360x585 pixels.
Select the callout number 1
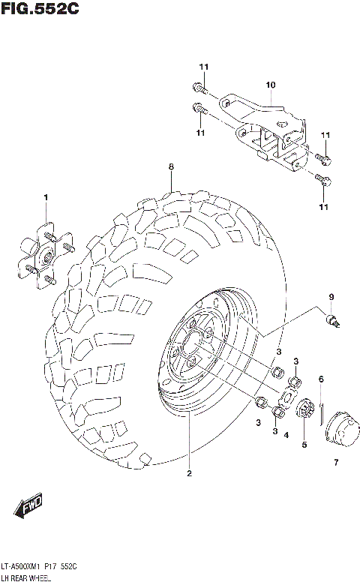[x=46, y=197]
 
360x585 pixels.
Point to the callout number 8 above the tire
[x=171, y=166]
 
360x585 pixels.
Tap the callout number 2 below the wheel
[x=189, y=472]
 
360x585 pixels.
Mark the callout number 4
[x=288, y=434]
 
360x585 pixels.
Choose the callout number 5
[x=304, y=445]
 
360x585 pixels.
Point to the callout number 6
[x=320, y=379]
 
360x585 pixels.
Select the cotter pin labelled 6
[x=321, y=410]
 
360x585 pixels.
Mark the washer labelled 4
[x=287, y=399]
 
